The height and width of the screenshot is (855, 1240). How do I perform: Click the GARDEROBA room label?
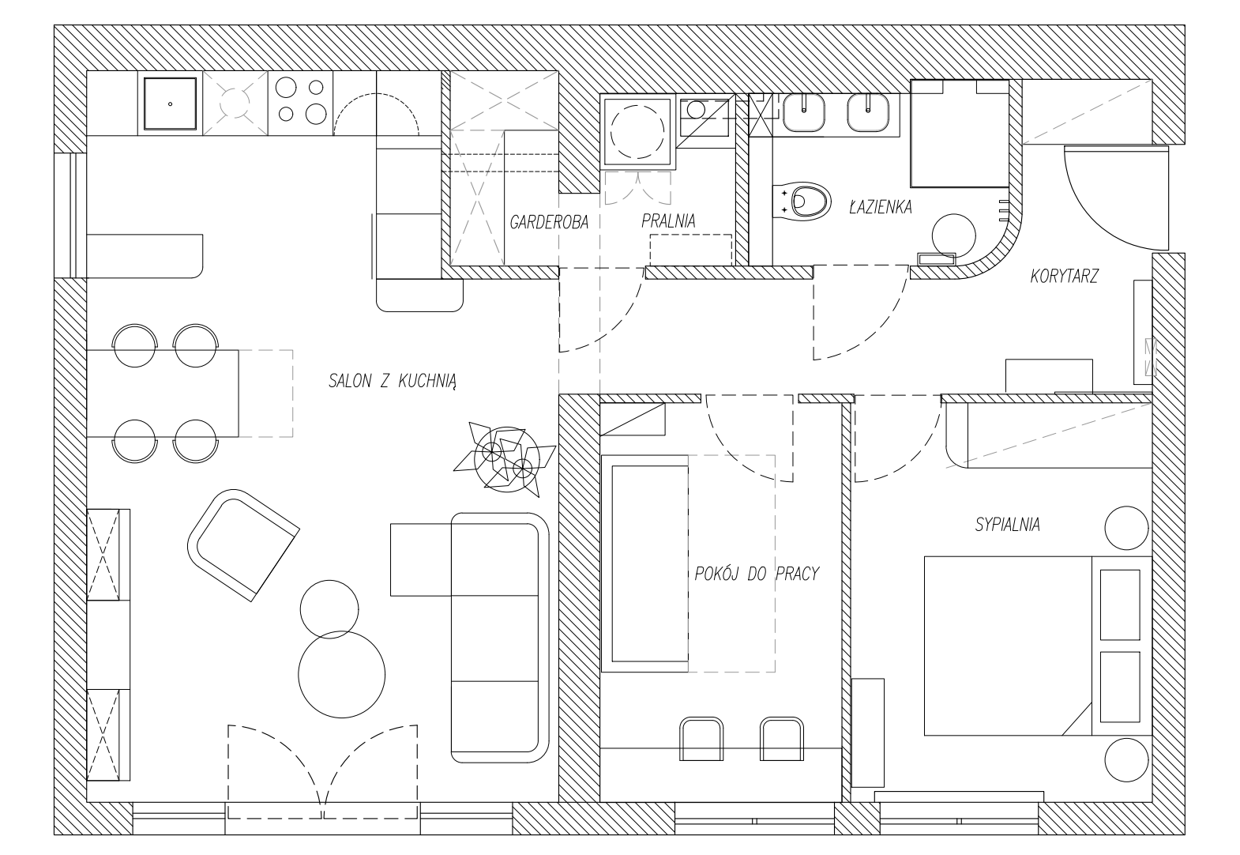pyautogui.click(x=549, y=222)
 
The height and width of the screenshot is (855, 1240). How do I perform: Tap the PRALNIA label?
pyautogui.click(x=668, y=221)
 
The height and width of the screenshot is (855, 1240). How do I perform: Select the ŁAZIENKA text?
pyautogui.click(x=880, y=206)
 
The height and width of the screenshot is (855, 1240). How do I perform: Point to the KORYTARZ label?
pyautogui.click(x=1064, y=276)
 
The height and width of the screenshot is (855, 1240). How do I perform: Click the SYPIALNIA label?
pyautogui.click(x=1007, y=525)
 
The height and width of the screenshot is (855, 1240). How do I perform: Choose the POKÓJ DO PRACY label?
pyautogui.click(x=757, y=574)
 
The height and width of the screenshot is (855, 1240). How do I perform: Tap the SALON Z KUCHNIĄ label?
pyautogui.click(x=393, y=381)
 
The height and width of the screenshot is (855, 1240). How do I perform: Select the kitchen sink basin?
pyautogui.click(x=170, y=104)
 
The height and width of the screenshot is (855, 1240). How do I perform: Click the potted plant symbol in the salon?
pyautogui.click(x=505, y=459)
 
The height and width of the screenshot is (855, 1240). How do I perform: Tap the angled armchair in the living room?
pyautogui.click(x=243, y=545)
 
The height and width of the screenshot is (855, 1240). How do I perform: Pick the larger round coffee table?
pyautogui.click(x=341, y=674)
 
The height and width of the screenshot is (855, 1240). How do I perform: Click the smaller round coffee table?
pyautogui.click(x=329, y=609)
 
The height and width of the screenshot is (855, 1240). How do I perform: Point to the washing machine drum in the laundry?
pyautogui.click(x=637, y=132)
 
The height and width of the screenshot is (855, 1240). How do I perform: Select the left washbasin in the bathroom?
pyautogui.click(x=803, y=112)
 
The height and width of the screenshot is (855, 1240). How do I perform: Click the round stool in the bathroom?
pyautogui.click(x=953, y=236)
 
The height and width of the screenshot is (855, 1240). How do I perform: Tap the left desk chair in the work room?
pyautogui.click(x=701, y=739)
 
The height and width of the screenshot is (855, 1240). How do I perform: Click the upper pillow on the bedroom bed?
pyautogui.click(x=1120, y=605)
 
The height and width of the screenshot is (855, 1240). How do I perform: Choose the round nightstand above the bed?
pyautogui.click(x=1126, y=528)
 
